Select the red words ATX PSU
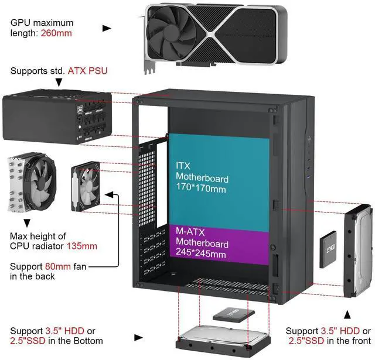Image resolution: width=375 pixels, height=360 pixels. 88,71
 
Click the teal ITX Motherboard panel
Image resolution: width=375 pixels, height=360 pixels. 219,176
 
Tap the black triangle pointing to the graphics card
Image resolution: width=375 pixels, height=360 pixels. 107,28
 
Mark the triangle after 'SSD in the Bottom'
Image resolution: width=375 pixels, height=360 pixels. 138,337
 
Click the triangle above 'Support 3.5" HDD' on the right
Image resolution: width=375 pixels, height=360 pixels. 347,315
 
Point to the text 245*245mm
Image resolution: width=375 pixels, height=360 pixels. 201,253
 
